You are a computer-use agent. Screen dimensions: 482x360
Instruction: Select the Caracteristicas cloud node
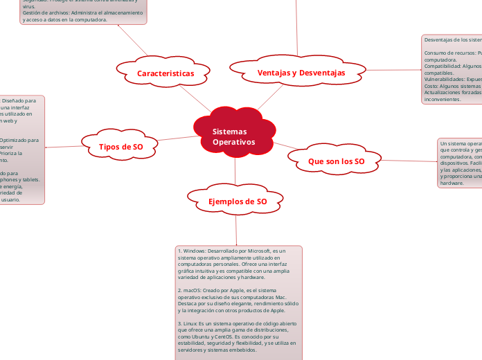coord(165,73)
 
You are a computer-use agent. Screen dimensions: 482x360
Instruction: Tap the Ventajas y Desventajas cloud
coord(301,73)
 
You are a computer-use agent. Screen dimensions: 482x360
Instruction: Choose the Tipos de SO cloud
coord(121,147)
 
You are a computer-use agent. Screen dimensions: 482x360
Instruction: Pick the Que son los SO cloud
coord(336,161)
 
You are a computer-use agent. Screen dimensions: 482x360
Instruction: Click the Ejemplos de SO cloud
coord(238,201)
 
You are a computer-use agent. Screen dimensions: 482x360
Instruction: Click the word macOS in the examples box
coord(191,290)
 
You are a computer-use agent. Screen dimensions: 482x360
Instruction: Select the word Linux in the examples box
coord(191,323)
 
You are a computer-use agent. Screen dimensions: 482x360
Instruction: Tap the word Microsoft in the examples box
coord(253,250)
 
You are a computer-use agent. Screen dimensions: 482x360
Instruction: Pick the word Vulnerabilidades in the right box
coord(446,80)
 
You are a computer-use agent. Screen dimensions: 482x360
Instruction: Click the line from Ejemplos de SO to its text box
coord(236,228)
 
